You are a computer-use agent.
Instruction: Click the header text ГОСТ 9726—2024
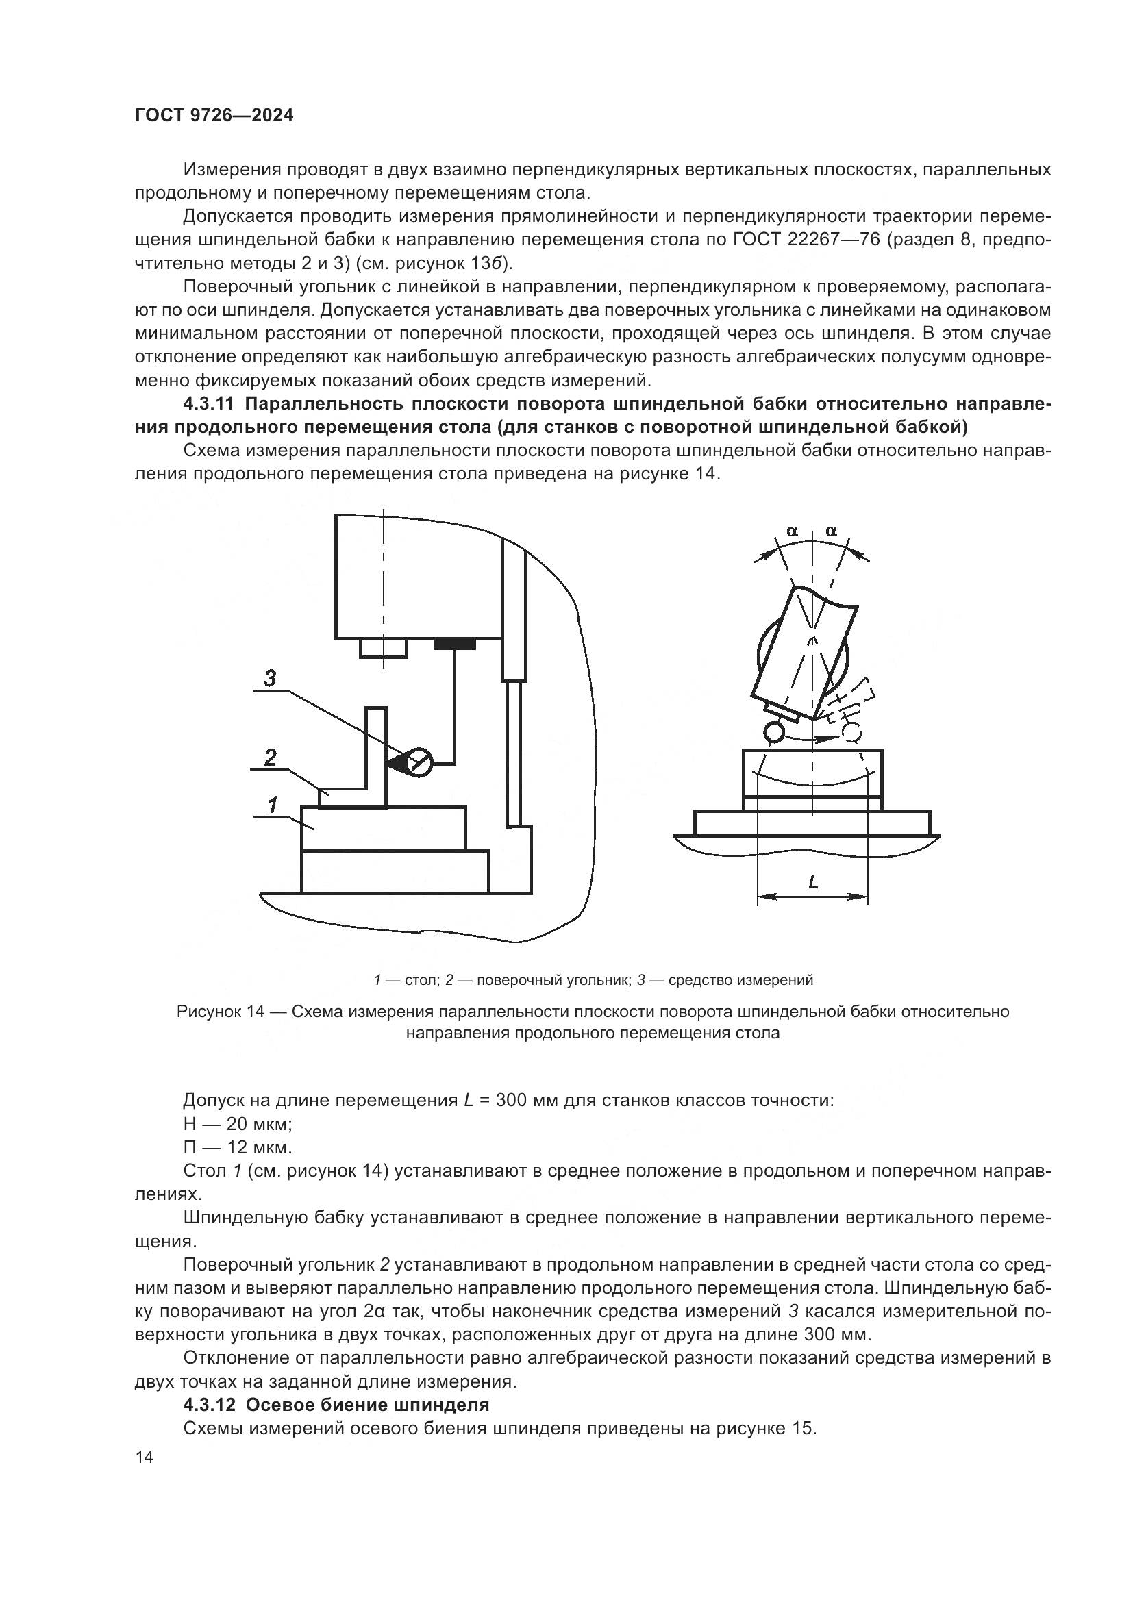click(x=214, y=116)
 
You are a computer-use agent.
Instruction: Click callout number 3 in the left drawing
click(x=270, y=677)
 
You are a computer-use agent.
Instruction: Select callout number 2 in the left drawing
click(x=270, y=757)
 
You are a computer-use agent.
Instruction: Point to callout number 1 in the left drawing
click(x=273, y=805)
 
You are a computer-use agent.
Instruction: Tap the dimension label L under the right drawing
click(x=813, y=883)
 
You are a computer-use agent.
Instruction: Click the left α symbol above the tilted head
click(x=792, y=531)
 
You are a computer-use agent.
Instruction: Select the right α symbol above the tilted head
click(x=831, y=531)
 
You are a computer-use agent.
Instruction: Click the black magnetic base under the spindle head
click(x=454, y=644)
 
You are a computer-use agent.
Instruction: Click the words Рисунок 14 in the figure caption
click(x=221, y=1012)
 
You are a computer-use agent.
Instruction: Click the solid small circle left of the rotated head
click(x=773, y=732)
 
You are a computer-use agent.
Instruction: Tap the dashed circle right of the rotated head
click(x=853, y=732)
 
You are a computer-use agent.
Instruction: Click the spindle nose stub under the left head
click(x=383, y=647)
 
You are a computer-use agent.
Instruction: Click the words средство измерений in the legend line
click(x=741, y=980)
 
